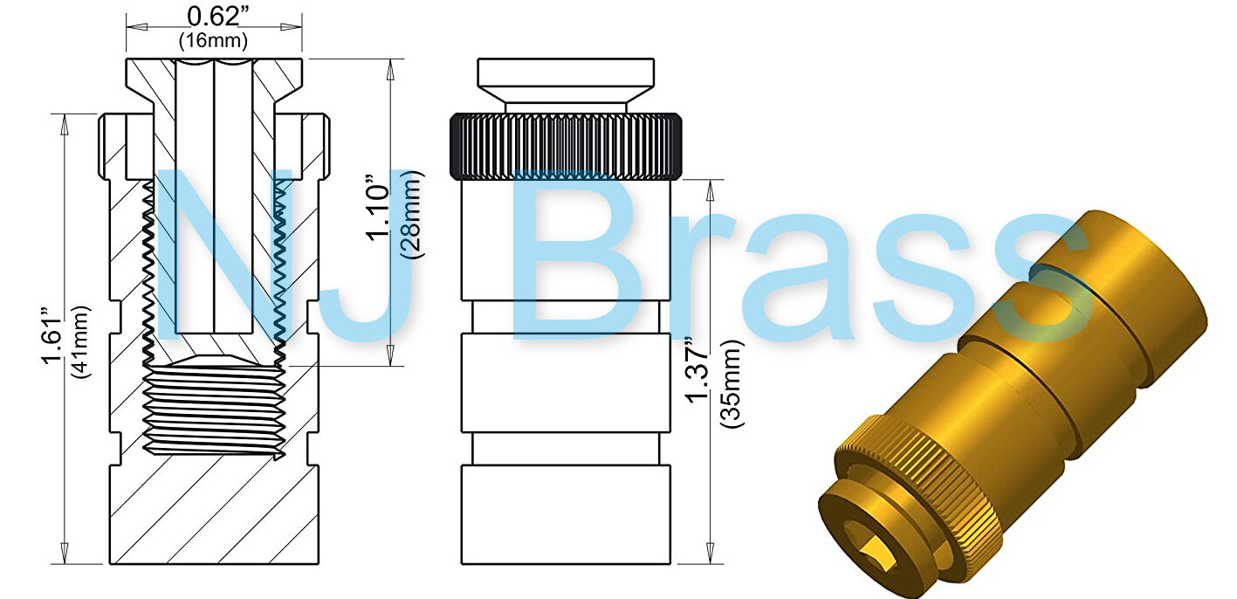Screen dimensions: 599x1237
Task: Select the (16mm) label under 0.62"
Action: (213, 40)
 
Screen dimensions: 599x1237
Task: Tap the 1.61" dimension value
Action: (54, 335)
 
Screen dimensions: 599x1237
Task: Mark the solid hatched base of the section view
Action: (215, 515)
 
